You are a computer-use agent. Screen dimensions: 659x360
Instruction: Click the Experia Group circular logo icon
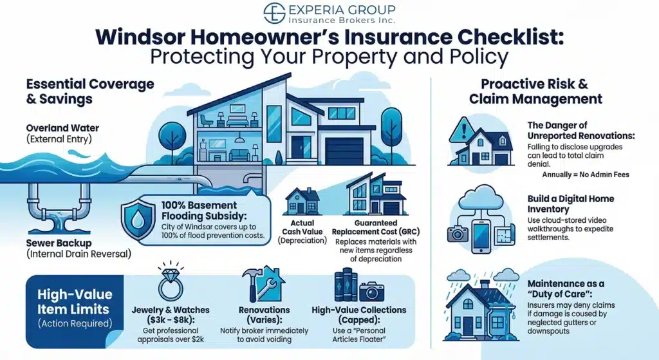point(274,13)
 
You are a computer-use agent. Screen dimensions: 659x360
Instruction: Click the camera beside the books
point(371,291)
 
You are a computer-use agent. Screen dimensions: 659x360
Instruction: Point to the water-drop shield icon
point(138,220)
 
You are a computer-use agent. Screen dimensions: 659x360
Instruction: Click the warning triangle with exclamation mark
point(463,129)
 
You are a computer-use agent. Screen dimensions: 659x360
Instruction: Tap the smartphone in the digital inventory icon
point(481,236)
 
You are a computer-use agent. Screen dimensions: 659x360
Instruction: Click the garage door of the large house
point(344,151)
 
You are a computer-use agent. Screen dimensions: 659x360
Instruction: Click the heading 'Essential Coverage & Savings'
point(90,91)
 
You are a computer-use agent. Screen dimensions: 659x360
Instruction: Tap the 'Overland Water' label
point(62,128)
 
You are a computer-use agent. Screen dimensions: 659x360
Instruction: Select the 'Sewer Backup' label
point(59,243)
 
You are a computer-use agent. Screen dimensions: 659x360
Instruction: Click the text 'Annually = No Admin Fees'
point(586,175)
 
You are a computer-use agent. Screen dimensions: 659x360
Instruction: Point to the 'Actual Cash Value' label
point(302,227)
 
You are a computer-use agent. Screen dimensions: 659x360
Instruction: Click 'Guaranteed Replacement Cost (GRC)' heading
point(376,227)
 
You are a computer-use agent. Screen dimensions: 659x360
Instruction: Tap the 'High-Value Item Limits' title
point(75,301)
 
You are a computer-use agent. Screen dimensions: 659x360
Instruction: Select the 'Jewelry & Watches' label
point(171,310)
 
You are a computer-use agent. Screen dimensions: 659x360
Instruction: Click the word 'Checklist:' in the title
point(511,37)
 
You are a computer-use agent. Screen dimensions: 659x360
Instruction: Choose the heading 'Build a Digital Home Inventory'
point(571,204)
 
